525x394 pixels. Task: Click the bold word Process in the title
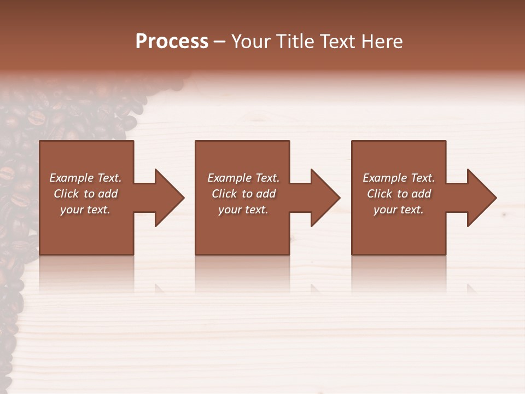point(172,42)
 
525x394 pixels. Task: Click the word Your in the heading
point(251,42)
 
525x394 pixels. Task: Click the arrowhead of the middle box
point(325,198)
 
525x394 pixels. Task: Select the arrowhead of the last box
point(481,198)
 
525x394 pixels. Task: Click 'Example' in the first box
point(72,178)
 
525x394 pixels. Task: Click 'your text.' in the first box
point(85,210)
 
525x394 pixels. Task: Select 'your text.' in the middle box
point(243,210)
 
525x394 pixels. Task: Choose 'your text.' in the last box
point(399,210)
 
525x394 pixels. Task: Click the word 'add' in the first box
point(108,194)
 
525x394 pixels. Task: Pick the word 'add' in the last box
point(422,194)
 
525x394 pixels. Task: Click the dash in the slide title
point(220,42)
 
